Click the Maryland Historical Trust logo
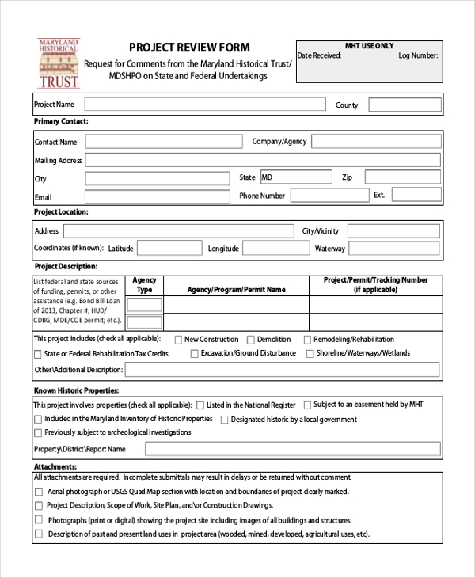coord(59,63)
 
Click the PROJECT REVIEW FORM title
coord(189,48)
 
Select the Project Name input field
coord(204,105)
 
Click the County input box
coord(404,105)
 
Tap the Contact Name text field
coord(163,142)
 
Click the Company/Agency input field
coord(375,141)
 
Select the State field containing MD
coord(295,177)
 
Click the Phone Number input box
coord(329,195)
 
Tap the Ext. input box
coord(416,195)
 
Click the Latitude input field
coord(168,249)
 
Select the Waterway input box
coord(394,249)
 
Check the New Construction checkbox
coord(178,340)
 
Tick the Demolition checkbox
coord(250,340)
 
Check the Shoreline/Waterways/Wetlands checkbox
coord(309,354)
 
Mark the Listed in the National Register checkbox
coord(199,405)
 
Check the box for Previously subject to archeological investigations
coord(38,433)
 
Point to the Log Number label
coord(417,56)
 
